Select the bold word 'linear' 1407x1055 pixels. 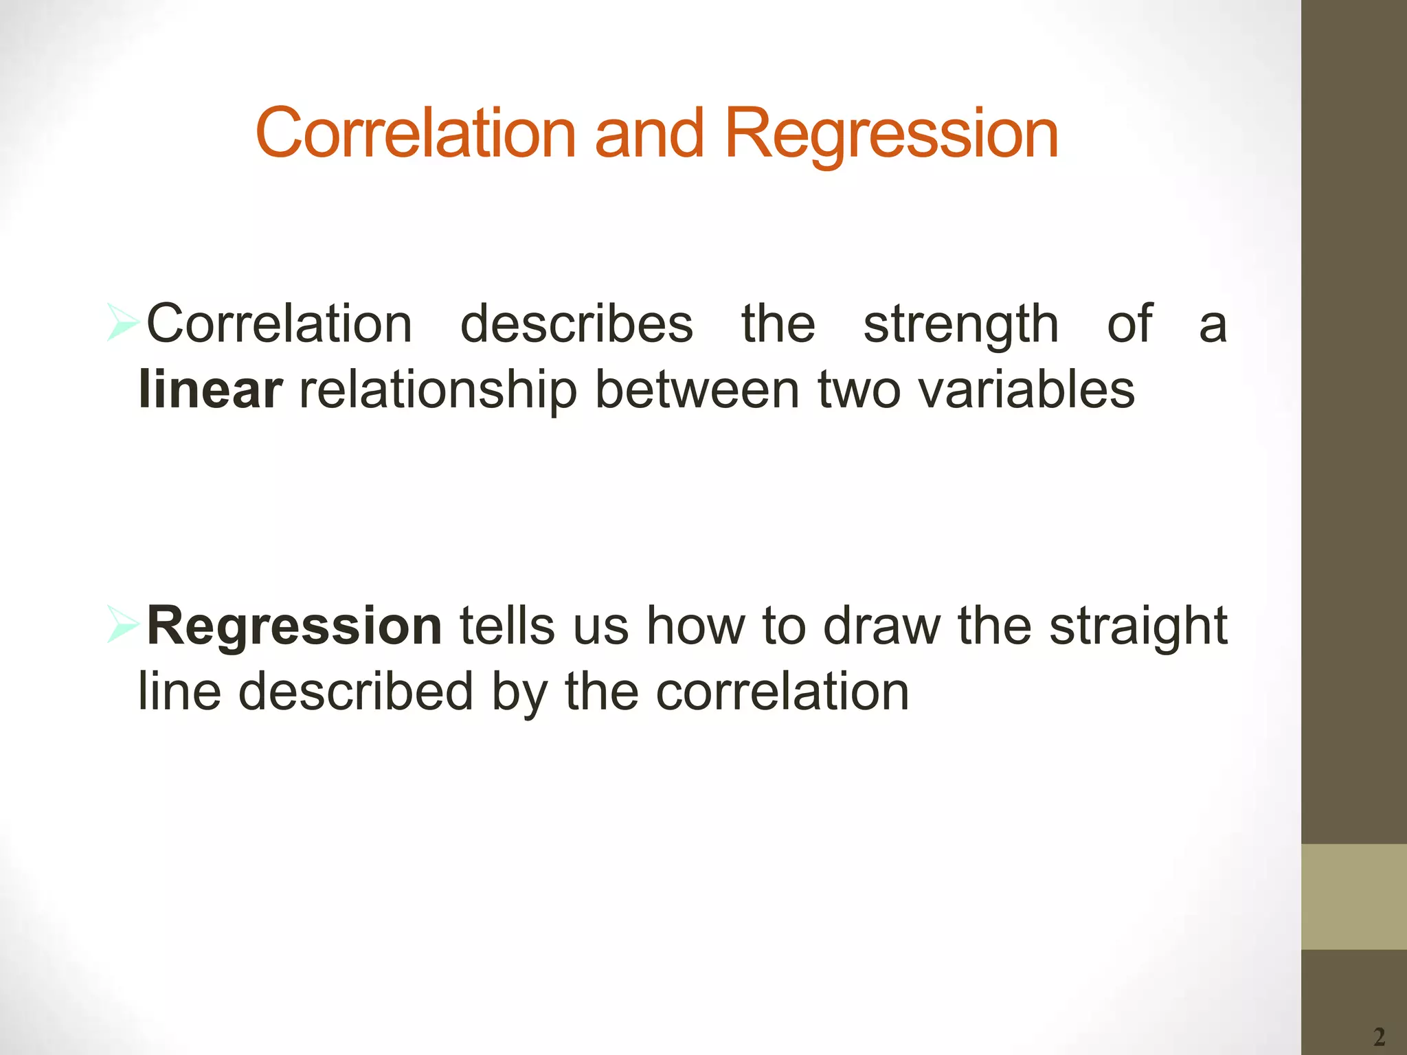[x=210, y=389]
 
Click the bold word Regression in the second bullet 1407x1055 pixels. [x=294, y=626]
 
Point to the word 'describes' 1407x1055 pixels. [x=576, y=324]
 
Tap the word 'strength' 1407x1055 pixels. [x=960, y=325]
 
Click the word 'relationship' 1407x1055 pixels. [x=438, y=391]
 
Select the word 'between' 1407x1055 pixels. [x=697, y=389]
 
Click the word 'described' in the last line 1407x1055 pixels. [x=355, y=691]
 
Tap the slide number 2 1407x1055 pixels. [x=1379, y=1036]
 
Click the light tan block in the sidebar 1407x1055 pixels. [x=1353, y=896]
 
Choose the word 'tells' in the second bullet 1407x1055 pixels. [x=506, y=626]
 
